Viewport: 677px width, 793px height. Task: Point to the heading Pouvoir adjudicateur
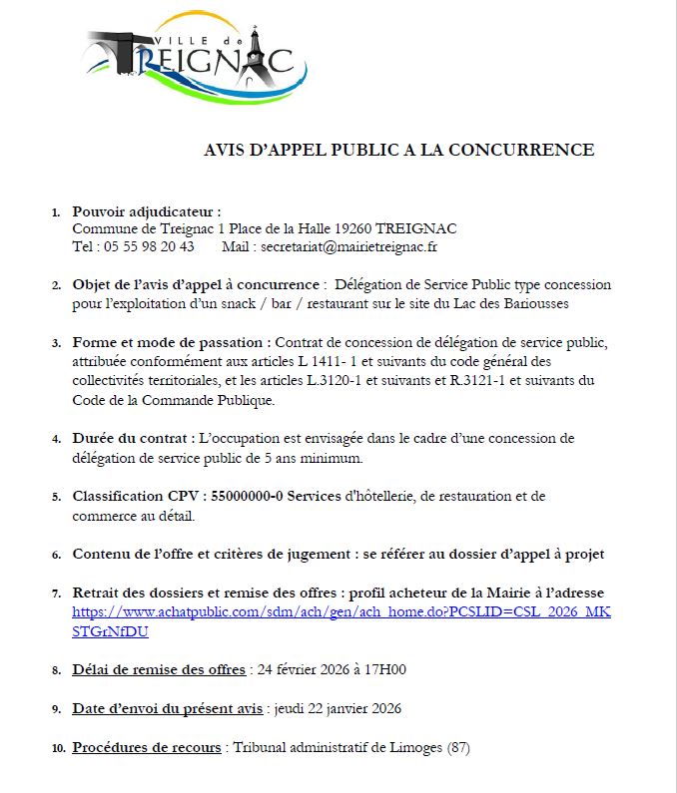click(x=146, y=211)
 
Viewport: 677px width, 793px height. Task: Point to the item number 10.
click(x=58, y=748)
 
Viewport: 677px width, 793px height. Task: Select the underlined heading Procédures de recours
click(x=148, y=747)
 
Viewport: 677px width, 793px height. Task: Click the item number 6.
click(x=58, y=555)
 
